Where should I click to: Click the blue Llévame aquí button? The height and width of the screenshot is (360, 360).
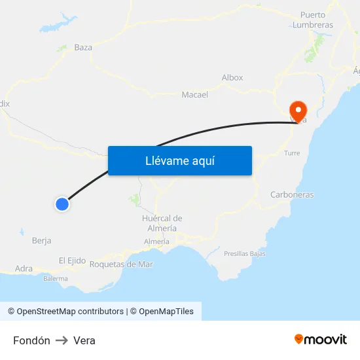[179, 160]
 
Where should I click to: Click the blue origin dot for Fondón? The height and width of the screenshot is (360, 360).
[62, 204]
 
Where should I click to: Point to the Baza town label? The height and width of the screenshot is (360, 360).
[83, 47]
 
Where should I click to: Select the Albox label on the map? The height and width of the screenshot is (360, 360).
[232, 77]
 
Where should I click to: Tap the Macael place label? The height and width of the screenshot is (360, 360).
[194, 94]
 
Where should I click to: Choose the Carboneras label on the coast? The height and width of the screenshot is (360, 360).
[292, 194]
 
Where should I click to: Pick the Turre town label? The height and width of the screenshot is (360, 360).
[292, 153]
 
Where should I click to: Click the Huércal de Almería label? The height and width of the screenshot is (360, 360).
[162, 223]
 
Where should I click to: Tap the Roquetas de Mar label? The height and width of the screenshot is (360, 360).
[121, 264]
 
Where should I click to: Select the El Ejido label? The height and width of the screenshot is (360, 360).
[72, 261]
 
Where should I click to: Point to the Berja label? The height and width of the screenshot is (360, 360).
[41, 240]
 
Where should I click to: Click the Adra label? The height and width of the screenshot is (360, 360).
[24, 268]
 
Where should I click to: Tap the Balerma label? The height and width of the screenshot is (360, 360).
[55, 278]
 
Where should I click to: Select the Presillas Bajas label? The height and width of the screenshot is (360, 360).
[244, 253]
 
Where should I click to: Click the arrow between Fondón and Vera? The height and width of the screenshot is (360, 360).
[62, 340]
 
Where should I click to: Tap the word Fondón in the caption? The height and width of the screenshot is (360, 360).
[31, 340]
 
